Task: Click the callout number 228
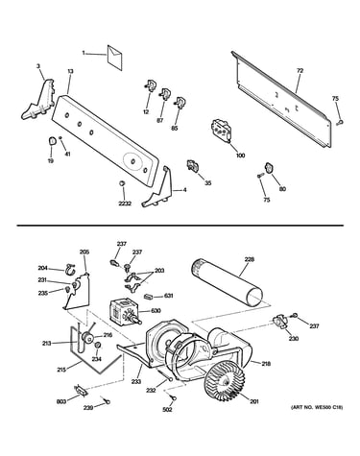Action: click(x=250, y=259)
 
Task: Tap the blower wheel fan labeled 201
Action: click(x=225, y=380)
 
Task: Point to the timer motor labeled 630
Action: click(x=126, y=311)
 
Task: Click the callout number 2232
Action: click(x=125, y=204)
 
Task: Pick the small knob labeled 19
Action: click(x=52, y=140)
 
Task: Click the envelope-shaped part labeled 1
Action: click(x=115, y=58)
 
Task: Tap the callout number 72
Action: click(x=300, y=71)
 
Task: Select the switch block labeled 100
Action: click(x=221, y=130)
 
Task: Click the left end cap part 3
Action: click(x=39, y=100)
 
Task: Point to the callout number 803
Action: click(x=61, y=401)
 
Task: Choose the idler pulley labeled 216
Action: click(x=86, y=337)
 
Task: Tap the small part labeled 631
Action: click(x=149, y=297)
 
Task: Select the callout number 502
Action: click(x=168, y=409)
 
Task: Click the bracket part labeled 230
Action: click(x=279, y=322)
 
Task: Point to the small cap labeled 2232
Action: click(x=122, y=183)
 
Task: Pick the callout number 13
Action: click(x=70, y=71)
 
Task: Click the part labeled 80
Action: click(x=268, y=167)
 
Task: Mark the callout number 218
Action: click(x=266, y=364)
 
